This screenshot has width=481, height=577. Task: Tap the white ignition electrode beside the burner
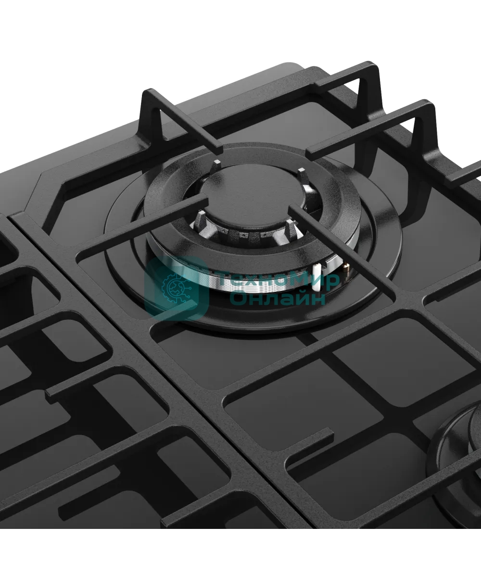click(x=316, y=276)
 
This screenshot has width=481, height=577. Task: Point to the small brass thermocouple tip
click(x=346, y=267)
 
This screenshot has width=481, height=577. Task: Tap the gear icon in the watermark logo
click(x=176, y=288)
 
